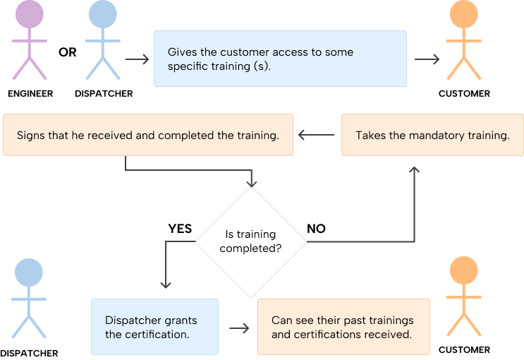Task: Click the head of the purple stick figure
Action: click(29, 15)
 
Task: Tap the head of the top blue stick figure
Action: click(102, 15)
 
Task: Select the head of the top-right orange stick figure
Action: click(463, 15)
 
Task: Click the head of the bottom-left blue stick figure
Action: click(29, 272)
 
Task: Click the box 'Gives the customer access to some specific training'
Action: click(280, 59)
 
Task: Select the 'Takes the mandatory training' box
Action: click(432, 135)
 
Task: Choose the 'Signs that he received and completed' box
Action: click(147, 135)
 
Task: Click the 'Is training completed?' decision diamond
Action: click(250, 241)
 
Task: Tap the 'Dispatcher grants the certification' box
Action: click(154, 327)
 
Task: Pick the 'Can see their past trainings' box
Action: click(343, 327)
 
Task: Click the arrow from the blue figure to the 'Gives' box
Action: click(137, 59)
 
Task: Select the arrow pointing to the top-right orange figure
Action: click(427, 59)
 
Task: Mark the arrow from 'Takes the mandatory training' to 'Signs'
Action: click(316, 135)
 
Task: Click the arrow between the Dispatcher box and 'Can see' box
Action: click(239, 328)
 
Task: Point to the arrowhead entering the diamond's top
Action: click(251, 183)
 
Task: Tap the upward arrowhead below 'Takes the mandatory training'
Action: click(414, 172)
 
